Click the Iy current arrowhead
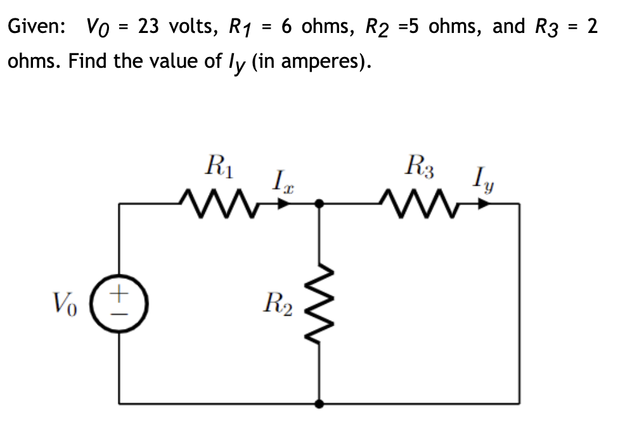pyautogui.click(x=484, y=204)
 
